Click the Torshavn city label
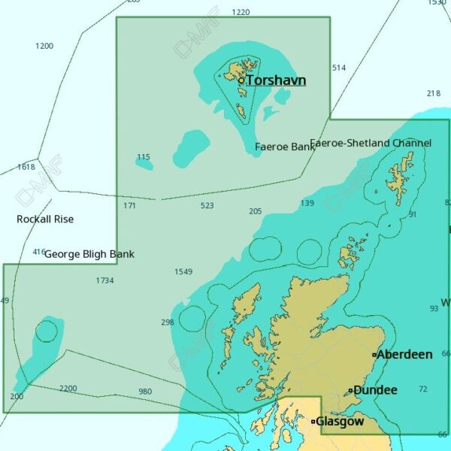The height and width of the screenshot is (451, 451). click(x=276, y=80)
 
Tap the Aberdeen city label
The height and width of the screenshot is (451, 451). click(x=404, y=354)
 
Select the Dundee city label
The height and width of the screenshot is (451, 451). click(x=375, y=390)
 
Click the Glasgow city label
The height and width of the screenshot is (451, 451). click(x=340, y=422)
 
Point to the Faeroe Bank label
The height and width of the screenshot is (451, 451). click(x=285, y=147)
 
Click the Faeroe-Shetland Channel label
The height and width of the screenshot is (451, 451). click(x=371, y=143)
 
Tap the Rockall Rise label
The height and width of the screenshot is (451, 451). click(x=45, y=219)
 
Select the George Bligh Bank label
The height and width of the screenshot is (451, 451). click(x=89, y=254)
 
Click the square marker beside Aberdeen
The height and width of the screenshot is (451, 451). click(x=374, y=355)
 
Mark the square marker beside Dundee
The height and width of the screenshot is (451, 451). click(x=350, y=390)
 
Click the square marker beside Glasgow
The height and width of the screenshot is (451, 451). click(x=313, y=422)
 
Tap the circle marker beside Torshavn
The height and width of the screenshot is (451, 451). click(x=241, y=80)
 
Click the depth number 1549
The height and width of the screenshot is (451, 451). click(x=183, y=271)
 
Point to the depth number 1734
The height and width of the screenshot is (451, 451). click(x=105, y=280)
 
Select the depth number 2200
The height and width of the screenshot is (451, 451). click(x=68, y=388)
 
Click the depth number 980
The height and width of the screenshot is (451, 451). click(x=145, y=391)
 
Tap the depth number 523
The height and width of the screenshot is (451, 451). click(x=207, y=205)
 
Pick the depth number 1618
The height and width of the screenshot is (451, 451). click(x=26, y=167)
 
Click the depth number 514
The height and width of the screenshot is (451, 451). click(x=339, y=68)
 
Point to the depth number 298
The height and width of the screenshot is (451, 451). click(x=168, y=322)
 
